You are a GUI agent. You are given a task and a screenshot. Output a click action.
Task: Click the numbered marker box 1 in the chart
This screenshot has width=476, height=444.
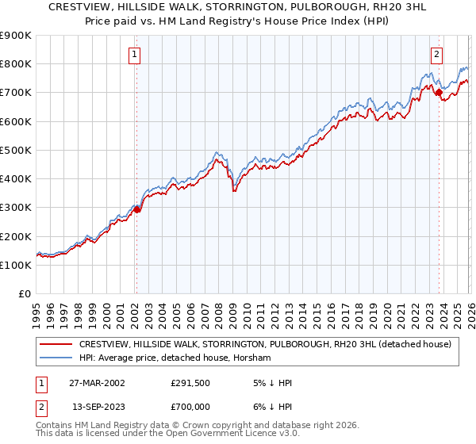(135, 55)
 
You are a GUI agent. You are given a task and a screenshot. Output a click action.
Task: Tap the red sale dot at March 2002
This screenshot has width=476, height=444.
(136, 209)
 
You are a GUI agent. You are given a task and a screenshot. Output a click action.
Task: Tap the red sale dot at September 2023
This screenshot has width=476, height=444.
(439, 92)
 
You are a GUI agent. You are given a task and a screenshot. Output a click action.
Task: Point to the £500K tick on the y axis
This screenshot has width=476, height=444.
(16, 150)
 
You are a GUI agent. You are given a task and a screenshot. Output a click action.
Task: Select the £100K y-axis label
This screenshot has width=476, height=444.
(16, 265)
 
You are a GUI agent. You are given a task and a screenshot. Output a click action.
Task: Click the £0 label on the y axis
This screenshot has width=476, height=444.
(25, 294)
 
